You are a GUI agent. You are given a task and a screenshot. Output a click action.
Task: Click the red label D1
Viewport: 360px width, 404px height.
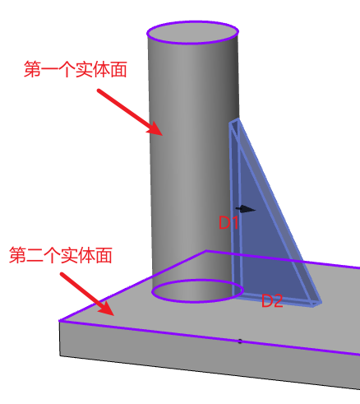pyautogui.click(x=228, y=222)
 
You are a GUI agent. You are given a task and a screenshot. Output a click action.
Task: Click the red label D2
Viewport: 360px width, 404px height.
pyautogui.click(x=272, y=300)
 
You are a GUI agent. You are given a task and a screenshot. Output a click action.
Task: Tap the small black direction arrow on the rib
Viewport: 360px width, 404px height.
pyautogui.click(x=246, y=209)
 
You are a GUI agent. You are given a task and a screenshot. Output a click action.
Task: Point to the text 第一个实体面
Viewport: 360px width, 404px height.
pyautogui.click(x=76, y=69)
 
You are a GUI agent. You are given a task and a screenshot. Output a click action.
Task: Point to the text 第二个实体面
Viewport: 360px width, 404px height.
pyautogui.click(x=61, y=255)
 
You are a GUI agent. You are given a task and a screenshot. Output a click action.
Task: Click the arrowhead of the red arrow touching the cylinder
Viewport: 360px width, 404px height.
pyautogui.click(x=155, y=129)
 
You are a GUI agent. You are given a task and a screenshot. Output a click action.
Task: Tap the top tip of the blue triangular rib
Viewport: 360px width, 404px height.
pyautogui.click(x=238, y=118)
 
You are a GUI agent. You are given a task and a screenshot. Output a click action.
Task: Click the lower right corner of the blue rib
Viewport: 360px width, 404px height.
pyautogui.click(x=320, y=304)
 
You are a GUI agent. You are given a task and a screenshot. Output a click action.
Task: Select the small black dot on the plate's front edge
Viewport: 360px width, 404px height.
pyautogui.click(x=240, y=341)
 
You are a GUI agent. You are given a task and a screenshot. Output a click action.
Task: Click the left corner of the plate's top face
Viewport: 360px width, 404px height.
pyautogui.click(x=59, y=320)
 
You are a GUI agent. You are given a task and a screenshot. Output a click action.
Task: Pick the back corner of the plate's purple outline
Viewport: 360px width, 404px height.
pyautogui.click(x=206, y=250)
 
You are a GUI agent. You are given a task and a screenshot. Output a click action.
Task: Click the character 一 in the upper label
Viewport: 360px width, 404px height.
pyautogui.click(x=49, y=69)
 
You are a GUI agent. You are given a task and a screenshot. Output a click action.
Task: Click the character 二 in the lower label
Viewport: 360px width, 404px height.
pyautogui.click(x=35, y=255)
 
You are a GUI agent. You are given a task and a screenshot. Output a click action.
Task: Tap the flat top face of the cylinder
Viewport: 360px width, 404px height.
pyautogui.click(x=192, y=32)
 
